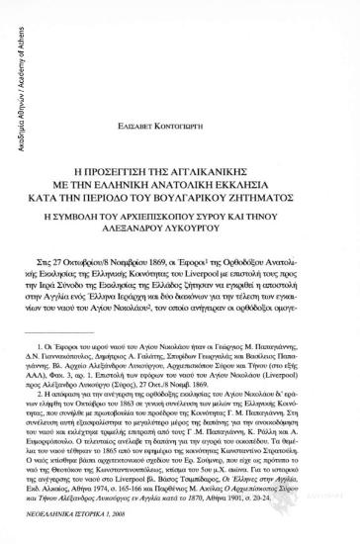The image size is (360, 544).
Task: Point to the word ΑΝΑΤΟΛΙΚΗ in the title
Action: coord(199,148)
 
